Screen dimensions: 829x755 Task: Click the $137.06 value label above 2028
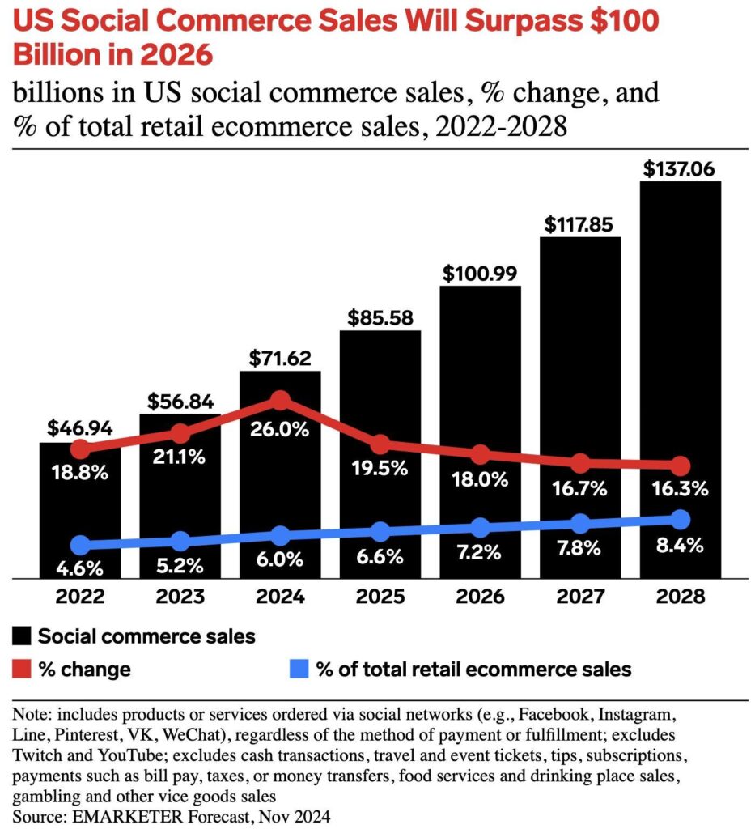(680, 170)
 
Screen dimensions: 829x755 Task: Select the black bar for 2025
(380, 389)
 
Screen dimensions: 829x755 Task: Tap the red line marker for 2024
(280, 400)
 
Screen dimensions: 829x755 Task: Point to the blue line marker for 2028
(681, 519)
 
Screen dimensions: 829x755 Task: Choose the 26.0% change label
(280, 430)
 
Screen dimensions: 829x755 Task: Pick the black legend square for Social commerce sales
(22, 636)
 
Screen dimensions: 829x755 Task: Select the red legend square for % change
(22, 670)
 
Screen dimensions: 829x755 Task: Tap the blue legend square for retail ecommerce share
(299, 670)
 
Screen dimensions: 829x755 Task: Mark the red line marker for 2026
(481, 455)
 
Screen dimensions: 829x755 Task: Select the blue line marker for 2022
(80, 545)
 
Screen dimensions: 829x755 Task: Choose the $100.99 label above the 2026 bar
(480, 274)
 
